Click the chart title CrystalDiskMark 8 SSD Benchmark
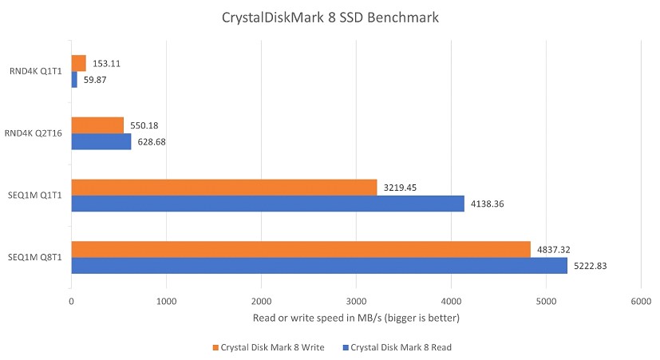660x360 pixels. pos(330,18)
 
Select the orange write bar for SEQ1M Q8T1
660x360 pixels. pos(301,250)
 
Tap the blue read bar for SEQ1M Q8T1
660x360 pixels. pos(319,266)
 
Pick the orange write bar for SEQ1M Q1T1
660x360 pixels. pos(224,188)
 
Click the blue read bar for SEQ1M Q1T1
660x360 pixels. pos(267,204)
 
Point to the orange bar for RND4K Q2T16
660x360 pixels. pos(97,125)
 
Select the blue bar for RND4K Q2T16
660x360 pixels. pos(101,141)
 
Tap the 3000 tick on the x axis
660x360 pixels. pos(356,302)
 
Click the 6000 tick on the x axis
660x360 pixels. pos(640,302)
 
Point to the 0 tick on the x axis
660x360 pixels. pos(72,302)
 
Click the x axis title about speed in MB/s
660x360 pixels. pos(356,318)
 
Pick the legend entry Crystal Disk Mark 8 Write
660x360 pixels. pos(271,347)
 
